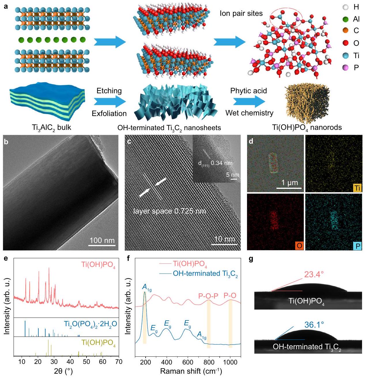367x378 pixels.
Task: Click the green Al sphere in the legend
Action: [x=346, y=19]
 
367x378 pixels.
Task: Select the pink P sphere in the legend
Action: [x=346, y=67]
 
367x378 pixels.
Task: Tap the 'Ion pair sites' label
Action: [x=241, y=13]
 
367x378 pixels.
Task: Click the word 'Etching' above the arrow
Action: [x=109, y=91]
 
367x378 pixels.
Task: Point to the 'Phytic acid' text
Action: [x=249, y=91]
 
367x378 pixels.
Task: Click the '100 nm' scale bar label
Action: [x=102, y=240]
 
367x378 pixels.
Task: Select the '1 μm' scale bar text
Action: [x=289, y=183]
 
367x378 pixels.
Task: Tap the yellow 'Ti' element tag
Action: [x=357, y=188]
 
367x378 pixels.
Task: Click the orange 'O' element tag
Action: [x=299, y=246]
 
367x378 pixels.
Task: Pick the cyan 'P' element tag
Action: [x=358, y=246]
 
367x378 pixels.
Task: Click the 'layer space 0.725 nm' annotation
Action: [x=170, y=211]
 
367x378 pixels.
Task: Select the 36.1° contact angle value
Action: [x=314, y=325]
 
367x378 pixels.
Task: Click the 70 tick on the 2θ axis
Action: [x=118, y=362]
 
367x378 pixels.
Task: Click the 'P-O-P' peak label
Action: [x=208, y=296]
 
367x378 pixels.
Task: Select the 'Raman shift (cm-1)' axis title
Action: [x=191, y=371]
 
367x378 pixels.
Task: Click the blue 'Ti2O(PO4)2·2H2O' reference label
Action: [x=90, y=324]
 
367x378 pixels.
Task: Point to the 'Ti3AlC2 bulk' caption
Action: [x=52, y=127]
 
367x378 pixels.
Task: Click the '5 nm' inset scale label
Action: [x=232, y=175]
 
